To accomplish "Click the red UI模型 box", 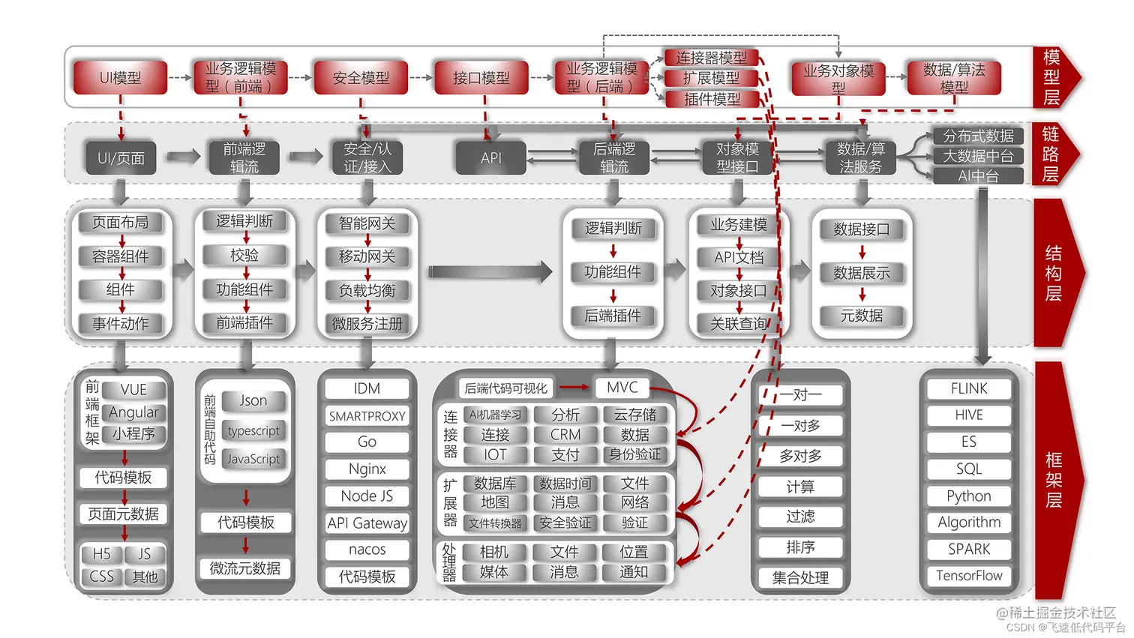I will pyautogui.click(x=120, y=78).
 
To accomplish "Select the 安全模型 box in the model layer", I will pyautogui.click(x=361, y=78).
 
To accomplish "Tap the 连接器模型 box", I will pyautogui.click(x=711, y=58).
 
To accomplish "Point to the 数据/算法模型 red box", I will pyautogui.click(x=953, y=78).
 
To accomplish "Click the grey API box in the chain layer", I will pyautogui.click(x=491, y=158).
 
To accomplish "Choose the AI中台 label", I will pyautogui.click(x=978, y=176).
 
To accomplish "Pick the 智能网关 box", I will pyautogui.click(x=367, y=223).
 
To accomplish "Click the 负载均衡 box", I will pyautogui.click(x=367, y=290).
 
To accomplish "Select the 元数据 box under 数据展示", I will pyautogui.click(x=861, y=316).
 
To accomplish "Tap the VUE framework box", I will pyautogui.click(x=133, y=390).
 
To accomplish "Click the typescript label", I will pyautogui.click(x=253, y=431).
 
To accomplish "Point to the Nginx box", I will pyautogui.click(x=367, y=469).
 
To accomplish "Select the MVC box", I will pyautogui.click(x=622, y=388).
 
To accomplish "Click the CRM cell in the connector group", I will pyautogui.click(x=565, y=435).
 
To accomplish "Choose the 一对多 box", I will pyautogui.click(x=800, y=426).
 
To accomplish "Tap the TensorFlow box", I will pyautogui.click(x=969, y=576).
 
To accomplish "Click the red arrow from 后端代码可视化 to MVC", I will pyautogui.click(x=574, y=388).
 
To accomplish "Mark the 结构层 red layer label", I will pyautogui.click(x=1054, y=273).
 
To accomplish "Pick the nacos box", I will pyautogui.click(x=367, y=550).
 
